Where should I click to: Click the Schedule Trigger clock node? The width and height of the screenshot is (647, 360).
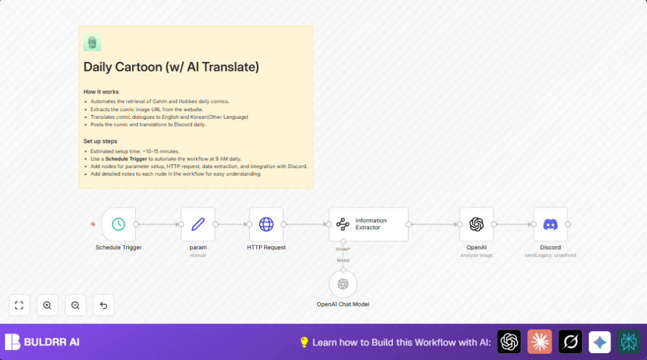tap(118, 224)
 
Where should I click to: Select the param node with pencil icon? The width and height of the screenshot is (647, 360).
tap(198, 224)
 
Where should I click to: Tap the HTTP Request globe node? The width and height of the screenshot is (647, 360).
tap(266, 224)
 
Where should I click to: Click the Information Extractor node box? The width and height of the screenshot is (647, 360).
tap(368, 224)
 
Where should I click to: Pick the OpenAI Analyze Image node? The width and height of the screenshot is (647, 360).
tap(476, 224)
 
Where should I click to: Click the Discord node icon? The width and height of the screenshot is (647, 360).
tap(550, 224)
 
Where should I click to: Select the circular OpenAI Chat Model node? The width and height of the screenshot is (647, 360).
tap(343, 284)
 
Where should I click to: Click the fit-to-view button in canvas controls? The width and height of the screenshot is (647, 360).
tap(19, 305)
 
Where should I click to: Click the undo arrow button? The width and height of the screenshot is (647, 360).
tap(104, 305)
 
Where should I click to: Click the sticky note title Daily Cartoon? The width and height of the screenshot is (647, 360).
tap(171, 67)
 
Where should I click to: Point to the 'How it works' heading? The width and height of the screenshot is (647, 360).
tap(101, 92)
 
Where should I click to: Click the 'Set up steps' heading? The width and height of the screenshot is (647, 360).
tap(100, 141)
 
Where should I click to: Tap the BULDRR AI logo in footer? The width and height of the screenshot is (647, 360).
tap(42, 342)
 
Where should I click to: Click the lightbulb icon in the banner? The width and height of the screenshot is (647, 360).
tap(304, 342)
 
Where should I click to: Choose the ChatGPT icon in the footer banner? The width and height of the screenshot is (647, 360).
tap(509, 342)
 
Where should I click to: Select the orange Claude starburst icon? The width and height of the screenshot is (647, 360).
tap(540, 342)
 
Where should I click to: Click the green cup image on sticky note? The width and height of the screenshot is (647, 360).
tap(92, 43)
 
